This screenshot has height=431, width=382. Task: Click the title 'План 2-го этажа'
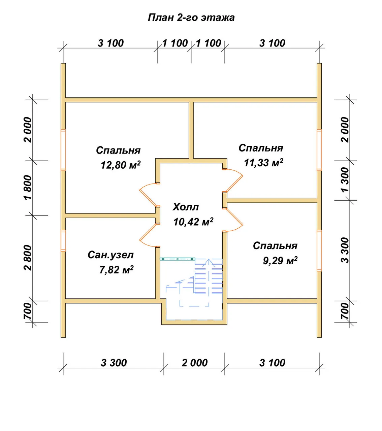[191, 18]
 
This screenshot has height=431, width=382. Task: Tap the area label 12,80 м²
[121, 165]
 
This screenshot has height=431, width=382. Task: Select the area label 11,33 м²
[263, 163]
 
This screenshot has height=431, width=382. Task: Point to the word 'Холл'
[186, 207]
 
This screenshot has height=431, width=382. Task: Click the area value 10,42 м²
[193, 222]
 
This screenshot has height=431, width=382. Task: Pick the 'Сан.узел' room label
[111, 255]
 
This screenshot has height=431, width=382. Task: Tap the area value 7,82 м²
[117, 270]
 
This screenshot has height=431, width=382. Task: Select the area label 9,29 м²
[280, 261]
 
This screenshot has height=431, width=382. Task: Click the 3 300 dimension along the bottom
[114, 363]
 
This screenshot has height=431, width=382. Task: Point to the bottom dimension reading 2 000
[194, 363]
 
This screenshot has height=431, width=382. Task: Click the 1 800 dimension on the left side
[28, 188]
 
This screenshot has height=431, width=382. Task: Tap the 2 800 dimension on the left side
[28, 258]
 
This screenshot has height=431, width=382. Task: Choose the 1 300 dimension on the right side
[345, 180]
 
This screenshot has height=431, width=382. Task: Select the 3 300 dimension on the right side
[345, 251]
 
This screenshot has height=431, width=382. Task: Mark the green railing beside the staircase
[178, 259]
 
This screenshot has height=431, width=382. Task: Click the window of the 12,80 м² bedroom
[63, 150]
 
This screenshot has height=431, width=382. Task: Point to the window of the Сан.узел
[63, 241]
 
